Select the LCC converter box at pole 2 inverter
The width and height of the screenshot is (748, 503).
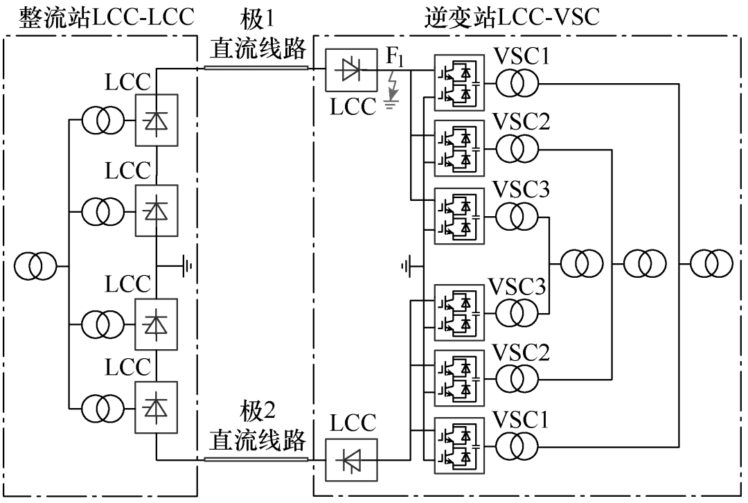tap(351, 459)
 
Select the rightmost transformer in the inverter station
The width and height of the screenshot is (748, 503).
tap(710, 265)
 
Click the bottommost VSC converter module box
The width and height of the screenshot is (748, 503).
tap(458, 445)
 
